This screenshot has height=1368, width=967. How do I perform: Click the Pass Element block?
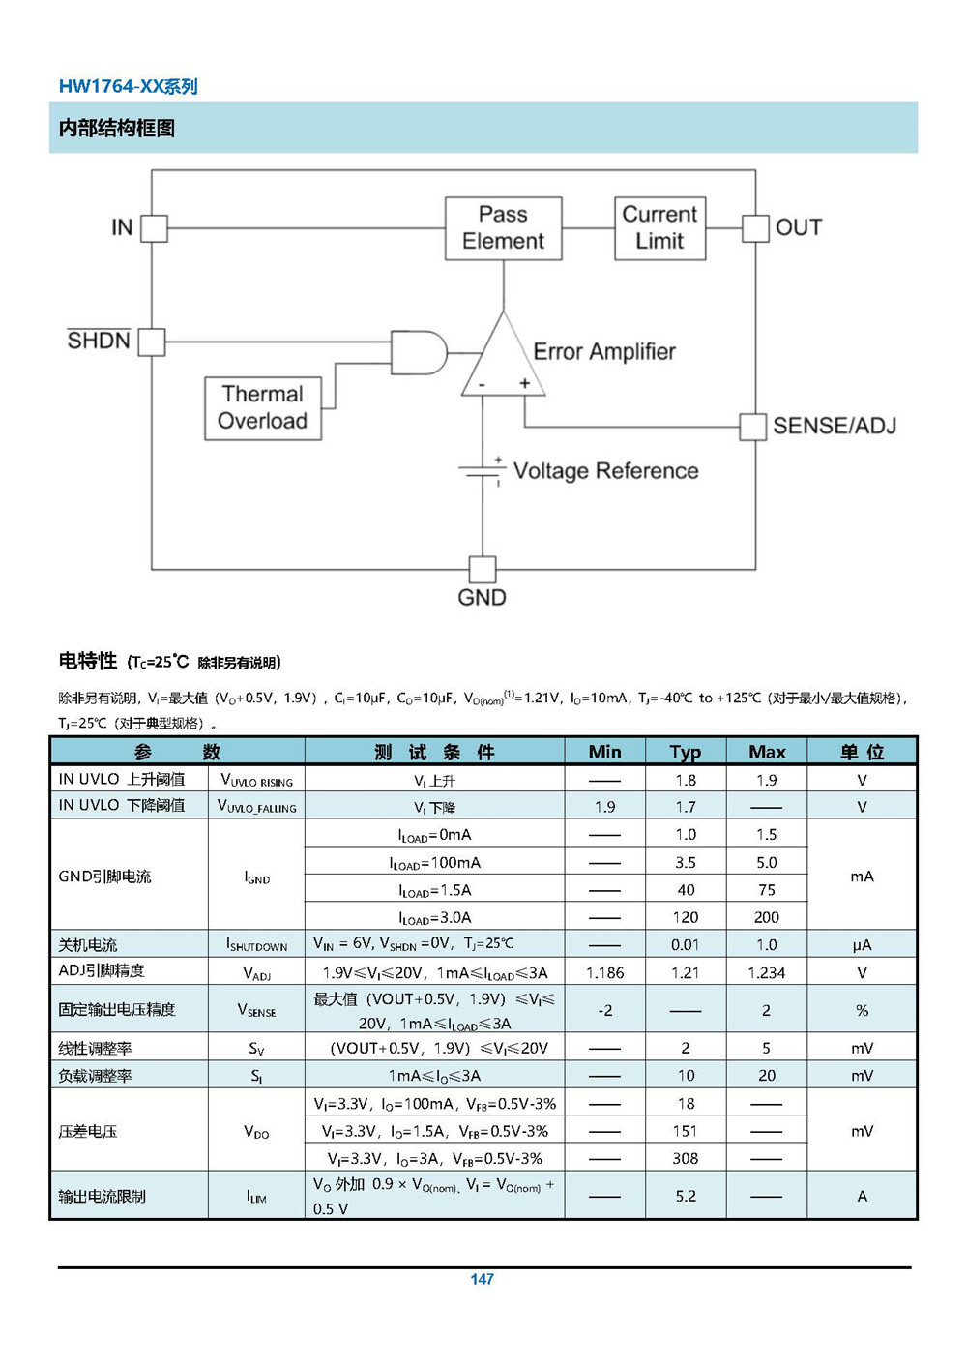[x=503, y=228]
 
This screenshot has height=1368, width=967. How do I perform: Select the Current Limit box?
[x=659, y=228]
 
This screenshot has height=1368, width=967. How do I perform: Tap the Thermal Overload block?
[x=263, y=408]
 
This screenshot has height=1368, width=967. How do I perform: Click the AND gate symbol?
[x=419, y=353]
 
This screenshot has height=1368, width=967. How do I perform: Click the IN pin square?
[x=154, y=228]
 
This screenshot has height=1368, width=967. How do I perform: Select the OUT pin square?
[x=755, y=228]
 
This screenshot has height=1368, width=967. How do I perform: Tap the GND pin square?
[x=483, y=569]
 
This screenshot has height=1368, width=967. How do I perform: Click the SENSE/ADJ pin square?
[x=752, y=427]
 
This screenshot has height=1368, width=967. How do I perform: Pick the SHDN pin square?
[x=152, y=342]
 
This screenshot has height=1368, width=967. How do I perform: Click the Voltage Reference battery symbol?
[x=483, y=470]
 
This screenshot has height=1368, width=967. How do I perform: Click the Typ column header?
[x=685, y=752]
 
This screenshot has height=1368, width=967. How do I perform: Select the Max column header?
[x=767, y=752]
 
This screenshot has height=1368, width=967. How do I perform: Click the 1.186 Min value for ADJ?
[x=605, y=973]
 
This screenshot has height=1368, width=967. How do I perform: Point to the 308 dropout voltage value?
[x=685, y=1158]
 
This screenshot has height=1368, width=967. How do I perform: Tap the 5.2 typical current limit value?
[x=686, y=1196]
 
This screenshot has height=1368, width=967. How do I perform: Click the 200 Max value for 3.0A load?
[x=767, y=917]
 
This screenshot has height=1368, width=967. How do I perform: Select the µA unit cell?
[x=862, y=945]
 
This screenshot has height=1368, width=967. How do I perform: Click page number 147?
[x=483, y=1279]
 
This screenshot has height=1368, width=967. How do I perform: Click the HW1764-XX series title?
[x=129, y=87]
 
